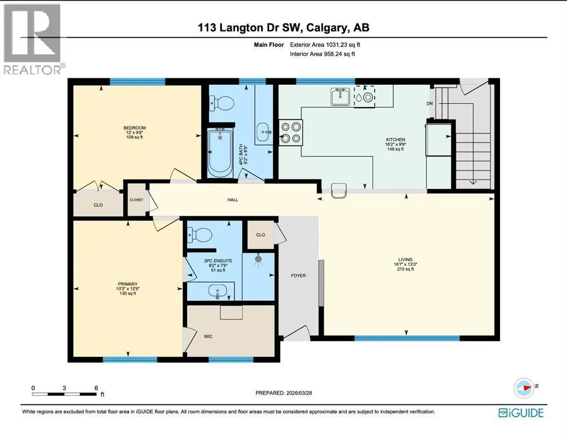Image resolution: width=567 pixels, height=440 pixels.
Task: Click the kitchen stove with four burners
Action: (291, 132)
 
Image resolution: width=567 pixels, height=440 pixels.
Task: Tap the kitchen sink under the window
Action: (340, 97)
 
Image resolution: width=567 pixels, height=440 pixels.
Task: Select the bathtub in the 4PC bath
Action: (220, 152)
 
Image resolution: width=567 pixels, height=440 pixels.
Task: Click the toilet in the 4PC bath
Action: (222, 104)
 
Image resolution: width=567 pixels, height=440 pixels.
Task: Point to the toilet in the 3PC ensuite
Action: (199, 235)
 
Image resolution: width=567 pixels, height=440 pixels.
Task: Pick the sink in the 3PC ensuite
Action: (217, 291)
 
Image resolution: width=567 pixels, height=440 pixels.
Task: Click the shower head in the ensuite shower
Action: (258, 260)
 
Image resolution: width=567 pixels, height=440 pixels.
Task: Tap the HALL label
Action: (233, 200)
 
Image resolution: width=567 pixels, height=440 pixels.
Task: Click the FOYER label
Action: (298, 276)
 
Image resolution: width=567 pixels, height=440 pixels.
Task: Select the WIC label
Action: (208, 336)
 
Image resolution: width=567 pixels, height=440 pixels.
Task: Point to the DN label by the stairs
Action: (430, 104)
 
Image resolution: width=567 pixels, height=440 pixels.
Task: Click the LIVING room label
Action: (405, 260)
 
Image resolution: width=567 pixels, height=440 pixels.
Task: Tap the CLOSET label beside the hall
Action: (136, 200)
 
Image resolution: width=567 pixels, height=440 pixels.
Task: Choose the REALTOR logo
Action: (33, 39)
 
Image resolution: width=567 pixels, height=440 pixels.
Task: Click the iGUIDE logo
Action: (521, 413)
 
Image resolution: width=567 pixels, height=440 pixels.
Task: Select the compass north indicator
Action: (524, 387)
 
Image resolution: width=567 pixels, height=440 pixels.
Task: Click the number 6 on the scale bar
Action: (96, 388)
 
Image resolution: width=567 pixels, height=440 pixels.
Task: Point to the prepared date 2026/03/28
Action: (298, 393)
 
